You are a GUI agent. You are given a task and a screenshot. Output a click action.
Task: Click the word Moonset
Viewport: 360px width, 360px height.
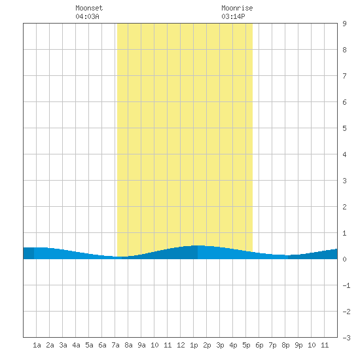click(89, 8)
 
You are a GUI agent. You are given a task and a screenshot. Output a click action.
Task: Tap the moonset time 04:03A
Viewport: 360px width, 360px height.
click(87, 16)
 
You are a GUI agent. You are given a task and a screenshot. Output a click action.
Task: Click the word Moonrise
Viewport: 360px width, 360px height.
click(237, 8)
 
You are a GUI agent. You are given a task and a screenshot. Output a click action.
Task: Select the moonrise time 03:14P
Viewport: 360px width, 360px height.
click(233, 16)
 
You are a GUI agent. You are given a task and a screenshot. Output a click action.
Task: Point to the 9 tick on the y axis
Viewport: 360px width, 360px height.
click(344, 24)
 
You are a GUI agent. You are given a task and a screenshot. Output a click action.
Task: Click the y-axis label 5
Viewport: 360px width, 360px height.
click(344, 128)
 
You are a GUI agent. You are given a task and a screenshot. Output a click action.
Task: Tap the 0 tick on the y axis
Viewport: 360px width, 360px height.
click(344, 259)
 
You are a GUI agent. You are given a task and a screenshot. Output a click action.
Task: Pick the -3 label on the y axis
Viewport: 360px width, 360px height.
click(346, 338)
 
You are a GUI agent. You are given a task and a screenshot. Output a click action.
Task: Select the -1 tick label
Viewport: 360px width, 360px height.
click(346, 285)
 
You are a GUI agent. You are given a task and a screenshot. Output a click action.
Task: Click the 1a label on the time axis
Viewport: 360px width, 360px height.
click(37, 345)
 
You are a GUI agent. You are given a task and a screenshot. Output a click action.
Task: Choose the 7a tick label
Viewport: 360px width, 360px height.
click(115, 345)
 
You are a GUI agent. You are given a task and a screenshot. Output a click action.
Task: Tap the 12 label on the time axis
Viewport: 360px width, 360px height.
click(181, 345)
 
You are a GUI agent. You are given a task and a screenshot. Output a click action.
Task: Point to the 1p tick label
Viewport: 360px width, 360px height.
click(194, 345)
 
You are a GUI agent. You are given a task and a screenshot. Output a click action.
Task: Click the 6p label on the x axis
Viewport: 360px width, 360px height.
click(259, 345)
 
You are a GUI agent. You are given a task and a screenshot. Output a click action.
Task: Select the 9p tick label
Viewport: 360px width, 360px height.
click(298, 345)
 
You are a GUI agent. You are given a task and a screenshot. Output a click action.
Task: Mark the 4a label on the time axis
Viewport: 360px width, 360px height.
click(76, 345)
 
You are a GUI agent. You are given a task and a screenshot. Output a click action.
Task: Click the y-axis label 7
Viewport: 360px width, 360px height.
click(344, 76)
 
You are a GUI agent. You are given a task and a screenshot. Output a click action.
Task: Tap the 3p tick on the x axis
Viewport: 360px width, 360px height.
click(220, 345)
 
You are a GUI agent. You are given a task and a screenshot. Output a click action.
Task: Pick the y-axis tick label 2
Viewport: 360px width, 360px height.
click(344, 207)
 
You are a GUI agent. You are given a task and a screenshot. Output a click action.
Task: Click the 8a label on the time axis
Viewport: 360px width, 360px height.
click(128, 345)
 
